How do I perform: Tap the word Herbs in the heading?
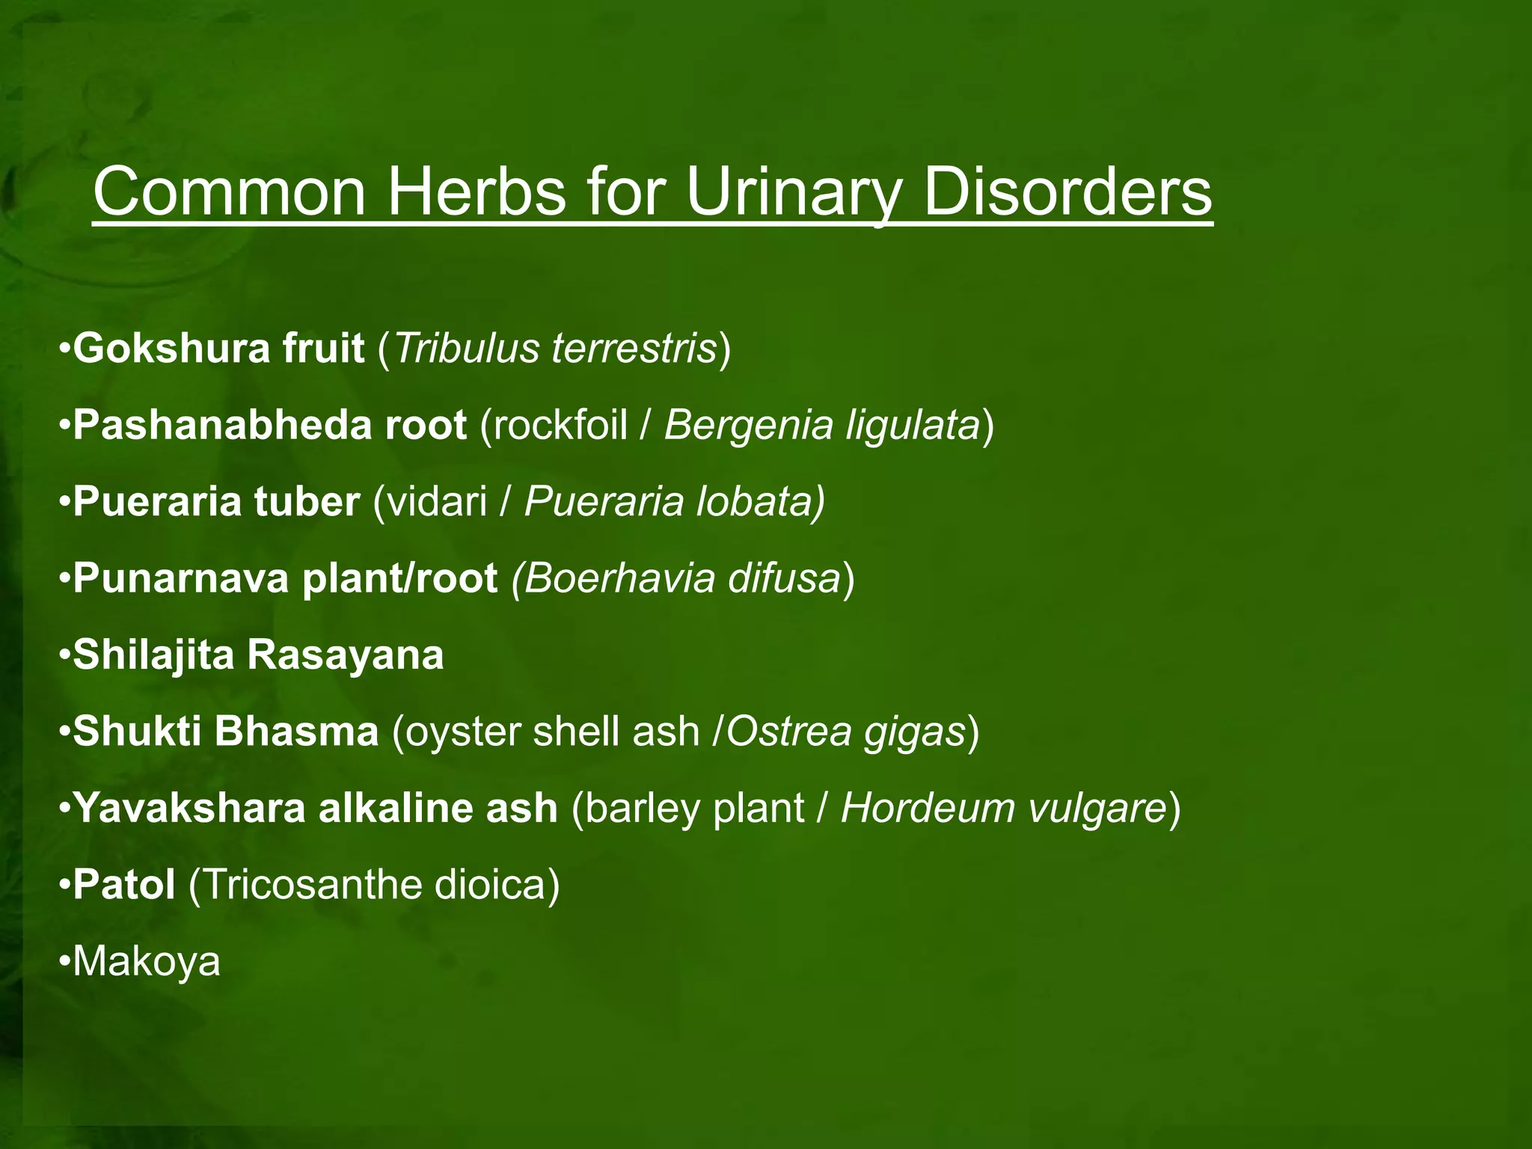tap(476, 192)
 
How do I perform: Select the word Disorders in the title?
tap(1067, 192)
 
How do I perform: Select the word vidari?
tap(436, 501)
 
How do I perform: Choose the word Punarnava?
tap(180, 578)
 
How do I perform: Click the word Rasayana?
tap(345, 655)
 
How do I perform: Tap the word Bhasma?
tap(296, 731)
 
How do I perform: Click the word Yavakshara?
tap(189, 808)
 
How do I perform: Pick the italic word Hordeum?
tap(927, 808)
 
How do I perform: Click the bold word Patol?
tap(123, 884)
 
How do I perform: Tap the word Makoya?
tap(147, 962)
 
